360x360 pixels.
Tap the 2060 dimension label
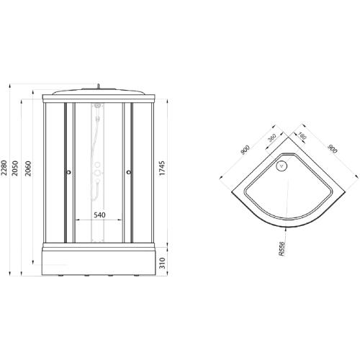click(29, 171)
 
